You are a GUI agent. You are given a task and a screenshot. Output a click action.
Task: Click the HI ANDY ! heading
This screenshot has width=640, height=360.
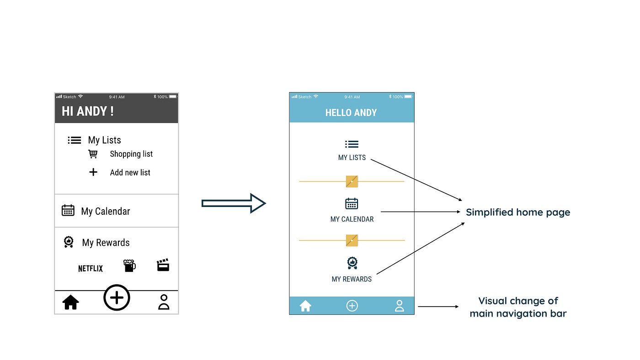[x=87, y=111]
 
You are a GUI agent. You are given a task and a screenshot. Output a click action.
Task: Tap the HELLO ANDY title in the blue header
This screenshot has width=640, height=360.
[x=351, y=113]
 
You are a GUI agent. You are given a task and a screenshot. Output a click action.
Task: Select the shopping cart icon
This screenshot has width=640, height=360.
[x=93, y=154]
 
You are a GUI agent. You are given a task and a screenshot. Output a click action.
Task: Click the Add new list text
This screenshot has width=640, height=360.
[x=130, y=173]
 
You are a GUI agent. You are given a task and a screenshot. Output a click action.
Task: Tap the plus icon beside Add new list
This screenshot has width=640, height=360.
[x=93, y=172]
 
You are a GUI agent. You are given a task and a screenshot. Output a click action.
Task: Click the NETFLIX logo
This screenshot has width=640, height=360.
[x=91, y=268]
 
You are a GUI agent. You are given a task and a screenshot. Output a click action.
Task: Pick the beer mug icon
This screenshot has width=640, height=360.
[x=129, y=265]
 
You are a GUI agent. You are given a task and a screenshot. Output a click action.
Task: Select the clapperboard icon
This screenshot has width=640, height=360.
[x=163, y=265]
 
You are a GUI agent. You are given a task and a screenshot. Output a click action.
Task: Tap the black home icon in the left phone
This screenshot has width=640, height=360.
[x=71, y=302]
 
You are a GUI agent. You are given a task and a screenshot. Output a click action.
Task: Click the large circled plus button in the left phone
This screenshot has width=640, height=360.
[x=117, y=298]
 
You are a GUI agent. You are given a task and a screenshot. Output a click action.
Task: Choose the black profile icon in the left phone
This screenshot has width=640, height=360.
[x=163, y=302]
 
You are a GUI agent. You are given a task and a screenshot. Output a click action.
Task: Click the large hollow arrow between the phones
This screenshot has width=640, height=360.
[x=233, y=203]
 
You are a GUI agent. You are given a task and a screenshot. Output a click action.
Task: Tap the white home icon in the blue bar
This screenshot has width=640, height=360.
[x=305, y=306]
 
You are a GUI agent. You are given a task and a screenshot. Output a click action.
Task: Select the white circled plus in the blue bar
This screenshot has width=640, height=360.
[x=352, y=306]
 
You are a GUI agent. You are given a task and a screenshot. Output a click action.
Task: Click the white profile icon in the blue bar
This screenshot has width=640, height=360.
[x=399, y=306]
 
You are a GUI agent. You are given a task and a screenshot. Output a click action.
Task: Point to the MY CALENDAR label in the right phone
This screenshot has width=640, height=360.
[x=352, y=219]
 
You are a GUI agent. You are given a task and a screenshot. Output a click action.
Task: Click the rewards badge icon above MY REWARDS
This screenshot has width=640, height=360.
[x=352, y=263]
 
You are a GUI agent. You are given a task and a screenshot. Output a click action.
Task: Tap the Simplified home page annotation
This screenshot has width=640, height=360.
[x=518, y=212]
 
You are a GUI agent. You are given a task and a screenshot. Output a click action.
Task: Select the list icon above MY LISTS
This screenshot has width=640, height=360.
[x=352, y=144]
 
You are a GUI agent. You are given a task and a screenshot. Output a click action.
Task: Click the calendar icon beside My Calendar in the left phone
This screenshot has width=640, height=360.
[x=68, y=210]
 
